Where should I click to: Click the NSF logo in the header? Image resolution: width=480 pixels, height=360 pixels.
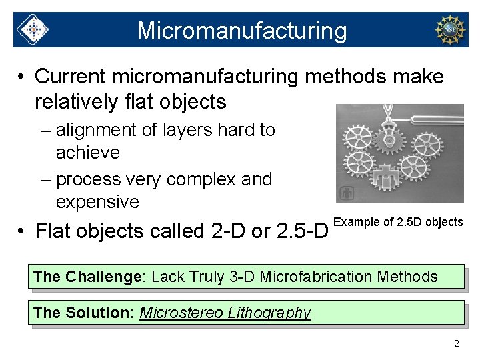pos(449,30)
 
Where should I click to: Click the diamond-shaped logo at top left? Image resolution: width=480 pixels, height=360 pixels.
pos(32,30)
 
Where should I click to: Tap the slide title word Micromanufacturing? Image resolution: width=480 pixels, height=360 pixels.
pos(242,31)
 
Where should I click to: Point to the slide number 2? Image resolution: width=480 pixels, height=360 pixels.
pos(457,344)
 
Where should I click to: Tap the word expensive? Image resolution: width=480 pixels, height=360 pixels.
pos(97,202)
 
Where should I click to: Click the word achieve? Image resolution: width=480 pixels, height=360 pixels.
pos(88,153)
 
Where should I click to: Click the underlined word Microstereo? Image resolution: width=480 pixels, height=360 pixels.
pos(181,313)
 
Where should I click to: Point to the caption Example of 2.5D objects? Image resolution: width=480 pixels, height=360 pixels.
pos(397,222)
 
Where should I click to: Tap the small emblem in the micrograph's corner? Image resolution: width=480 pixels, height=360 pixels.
pos(346,193)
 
